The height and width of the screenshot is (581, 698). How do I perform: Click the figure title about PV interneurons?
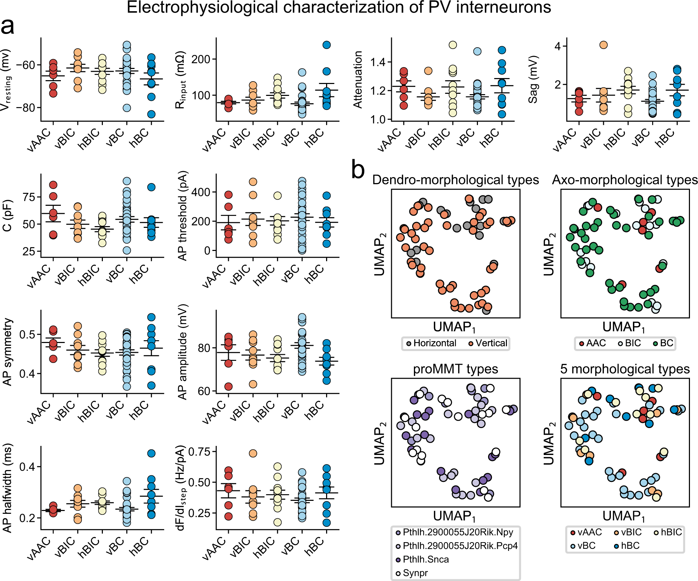point(339,8)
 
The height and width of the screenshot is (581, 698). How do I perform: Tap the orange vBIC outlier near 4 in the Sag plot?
point(603,45)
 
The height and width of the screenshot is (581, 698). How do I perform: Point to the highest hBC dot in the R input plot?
point(326,45)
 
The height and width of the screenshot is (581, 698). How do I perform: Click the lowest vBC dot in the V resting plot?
point(127,108)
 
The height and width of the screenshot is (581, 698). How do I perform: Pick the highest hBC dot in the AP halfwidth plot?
point(151,453)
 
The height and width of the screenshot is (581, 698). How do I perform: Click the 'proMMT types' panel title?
point(455,369)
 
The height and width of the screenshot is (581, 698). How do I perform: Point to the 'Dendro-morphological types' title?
point(455,180)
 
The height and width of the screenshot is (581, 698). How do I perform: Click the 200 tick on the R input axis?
point(201,59)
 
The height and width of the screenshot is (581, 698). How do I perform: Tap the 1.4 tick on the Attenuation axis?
point(378,62)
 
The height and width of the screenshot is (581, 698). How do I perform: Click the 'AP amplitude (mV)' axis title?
point(183,352)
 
